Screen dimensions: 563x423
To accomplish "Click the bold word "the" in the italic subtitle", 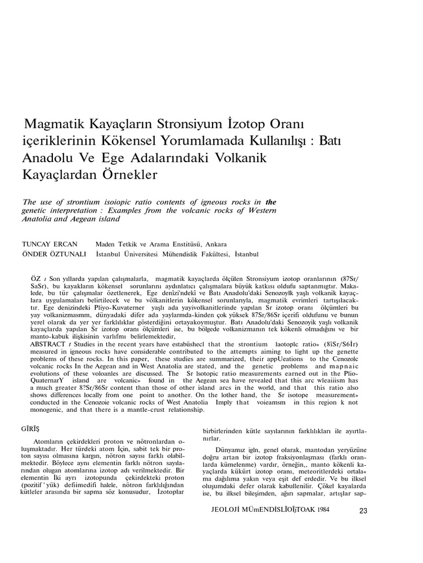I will (x=271, y=202).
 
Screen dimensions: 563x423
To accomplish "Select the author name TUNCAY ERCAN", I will (x=50, y=244).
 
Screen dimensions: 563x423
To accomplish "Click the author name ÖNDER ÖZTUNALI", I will (x=53, y=255).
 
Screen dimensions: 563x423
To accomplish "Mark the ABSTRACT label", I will (x=42, y=344).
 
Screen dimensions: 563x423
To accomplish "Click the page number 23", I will (x=362, y=511).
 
